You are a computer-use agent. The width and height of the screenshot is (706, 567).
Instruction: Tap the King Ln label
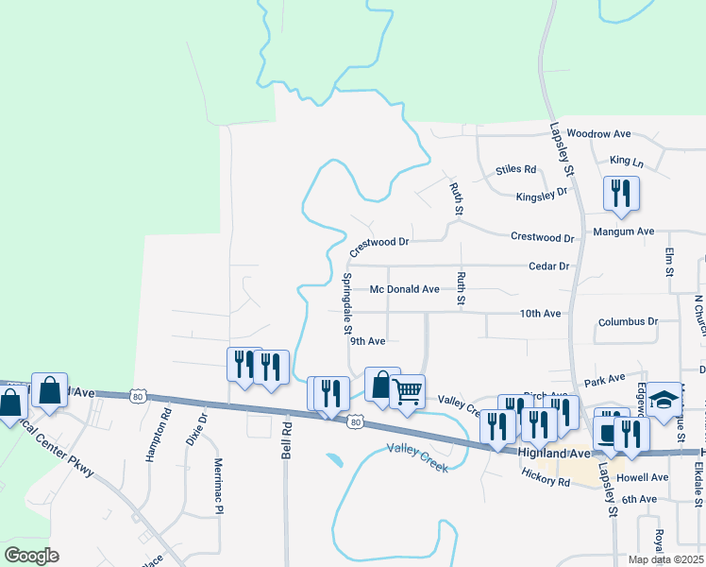point(627,163)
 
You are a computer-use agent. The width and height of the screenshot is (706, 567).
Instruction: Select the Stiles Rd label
point(515,170)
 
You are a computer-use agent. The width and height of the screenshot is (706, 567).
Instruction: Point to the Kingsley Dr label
point(542,196)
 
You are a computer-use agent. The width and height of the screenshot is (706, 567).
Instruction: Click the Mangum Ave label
point(623,232)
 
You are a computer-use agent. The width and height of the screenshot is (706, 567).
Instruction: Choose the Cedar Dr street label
point(549,266)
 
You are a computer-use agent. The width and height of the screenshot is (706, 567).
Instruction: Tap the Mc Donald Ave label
point(405,289)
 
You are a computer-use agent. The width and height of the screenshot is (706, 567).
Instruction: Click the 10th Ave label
point(540,314)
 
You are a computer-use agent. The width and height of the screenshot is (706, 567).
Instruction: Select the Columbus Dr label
point(628,322)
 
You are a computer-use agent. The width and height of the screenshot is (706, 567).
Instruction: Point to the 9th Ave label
point(368,341)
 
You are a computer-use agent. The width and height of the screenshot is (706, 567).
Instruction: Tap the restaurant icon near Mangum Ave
point(621,194)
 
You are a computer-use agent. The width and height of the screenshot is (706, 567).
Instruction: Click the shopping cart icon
point(407,389)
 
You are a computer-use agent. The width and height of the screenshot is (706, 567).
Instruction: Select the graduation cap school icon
point(664,398)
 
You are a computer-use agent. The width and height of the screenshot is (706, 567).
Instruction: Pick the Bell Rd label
point(286,442)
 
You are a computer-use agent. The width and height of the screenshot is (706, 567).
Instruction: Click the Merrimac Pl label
point(218,489)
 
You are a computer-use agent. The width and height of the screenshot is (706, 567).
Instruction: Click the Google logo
point(31,555)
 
